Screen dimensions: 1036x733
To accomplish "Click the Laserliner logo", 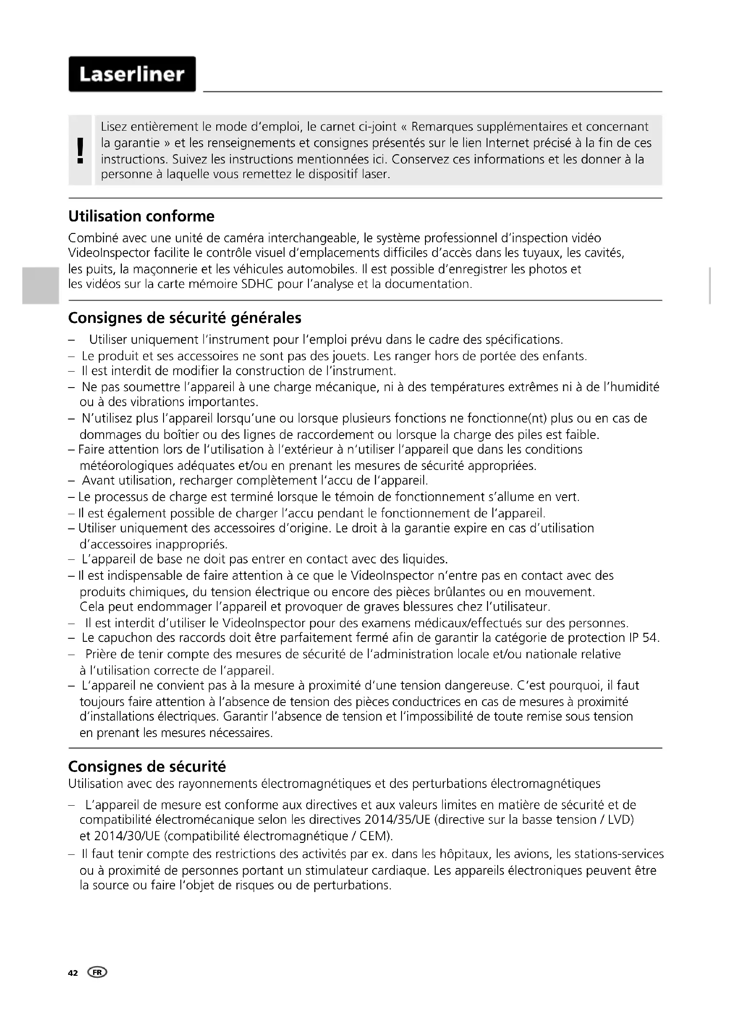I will [132, 74].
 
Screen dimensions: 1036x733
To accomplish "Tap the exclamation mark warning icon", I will [80, 151].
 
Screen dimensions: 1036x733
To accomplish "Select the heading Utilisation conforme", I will [141, 217].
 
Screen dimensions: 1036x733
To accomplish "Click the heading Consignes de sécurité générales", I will [185, 318].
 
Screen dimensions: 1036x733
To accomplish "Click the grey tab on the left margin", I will [40, 286].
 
